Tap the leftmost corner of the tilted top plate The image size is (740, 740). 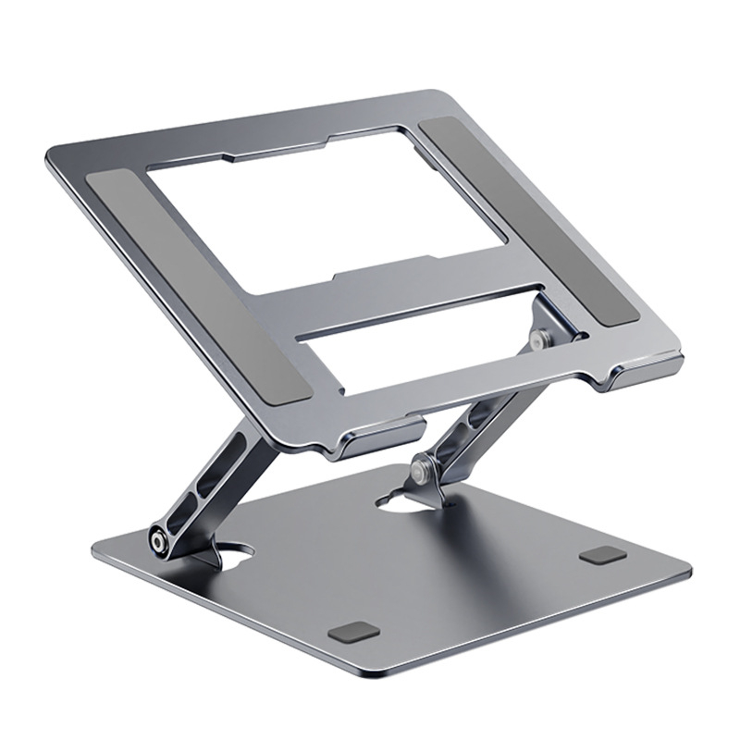tap(46, 151)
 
